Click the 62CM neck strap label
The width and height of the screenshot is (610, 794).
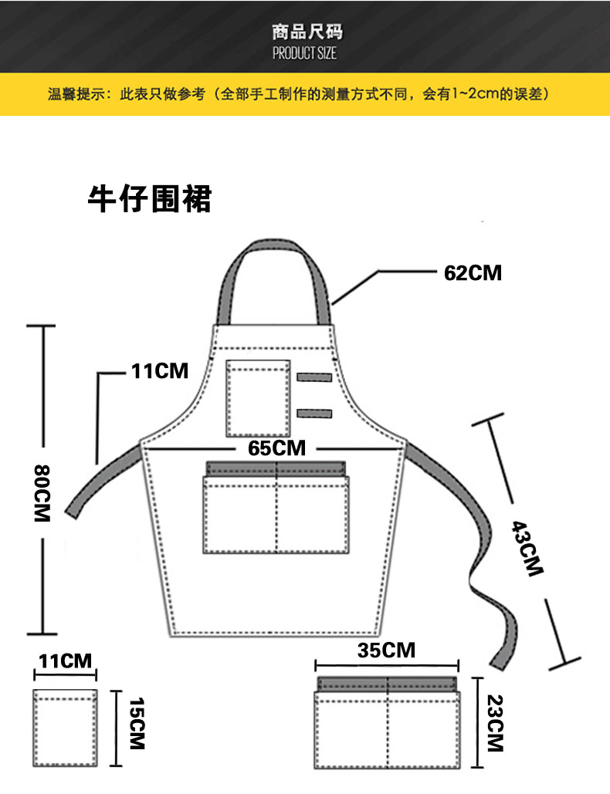[x=473, y=273]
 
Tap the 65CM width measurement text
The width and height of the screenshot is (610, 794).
[x=276, y=448]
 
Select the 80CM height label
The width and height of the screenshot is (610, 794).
[x=42, y=493]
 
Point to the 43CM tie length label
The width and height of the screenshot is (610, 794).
[x=527, y=549]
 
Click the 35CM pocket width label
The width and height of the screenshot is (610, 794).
[x=386, y=650]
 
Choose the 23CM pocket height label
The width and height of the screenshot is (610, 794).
[x=495, y=723]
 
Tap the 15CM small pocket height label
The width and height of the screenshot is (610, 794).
[x=137, y=724]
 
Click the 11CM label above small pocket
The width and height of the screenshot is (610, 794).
[x=66, y=661]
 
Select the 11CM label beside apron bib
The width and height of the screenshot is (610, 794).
[x=160, y=370]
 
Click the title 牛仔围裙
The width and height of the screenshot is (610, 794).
[x=150, y=198]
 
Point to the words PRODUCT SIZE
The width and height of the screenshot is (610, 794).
[x=304, y=53]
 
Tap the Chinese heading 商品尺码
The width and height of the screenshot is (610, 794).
[x=307, y=32]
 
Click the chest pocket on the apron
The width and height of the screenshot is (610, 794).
[x=259, y=398]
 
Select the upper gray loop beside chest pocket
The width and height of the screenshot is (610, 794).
[x=314, y=377]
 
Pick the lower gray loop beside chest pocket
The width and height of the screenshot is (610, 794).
[x=314, y=414]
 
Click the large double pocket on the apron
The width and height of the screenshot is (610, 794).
[x=276, y=507]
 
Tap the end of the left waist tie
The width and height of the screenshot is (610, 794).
[x=73, y=512]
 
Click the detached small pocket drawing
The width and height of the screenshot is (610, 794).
[x=66, y=728]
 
